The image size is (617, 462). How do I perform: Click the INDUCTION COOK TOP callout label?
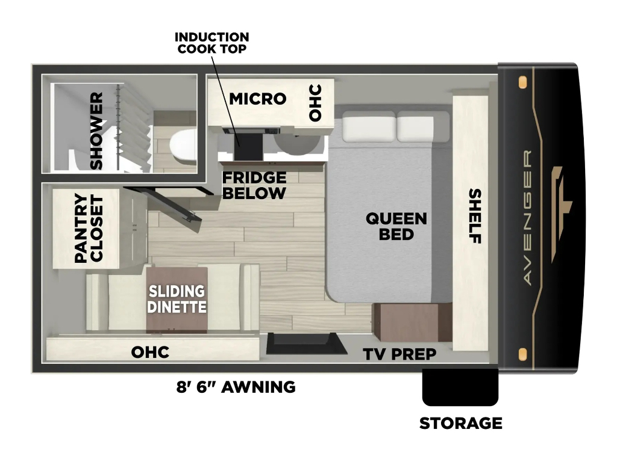point(211,43)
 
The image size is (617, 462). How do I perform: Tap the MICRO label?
point(258,99)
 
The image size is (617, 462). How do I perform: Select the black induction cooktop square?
point(248,147)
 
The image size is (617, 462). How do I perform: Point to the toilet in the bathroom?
point(183,146)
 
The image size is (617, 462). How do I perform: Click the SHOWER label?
point(96,131)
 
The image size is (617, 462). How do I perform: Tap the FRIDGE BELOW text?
point(254,185)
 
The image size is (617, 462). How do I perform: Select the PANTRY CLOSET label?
point(89,228)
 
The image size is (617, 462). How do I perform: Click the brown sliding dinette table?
point(177,300)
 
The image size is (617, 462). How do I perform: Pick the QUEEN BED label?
point(396,226)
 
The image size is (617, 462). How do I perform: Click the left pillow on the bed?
point(369,126)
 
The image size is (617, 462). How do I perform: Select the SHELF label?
point(475,216)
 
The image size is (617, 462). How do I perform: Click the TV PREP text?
point(399,354)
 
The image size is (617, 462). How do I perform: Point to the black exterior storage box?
point(460,387)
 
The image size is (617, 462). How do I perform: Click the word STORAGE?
point(461,423)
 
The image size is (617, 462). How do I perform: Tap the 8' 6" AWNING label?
point(236,387)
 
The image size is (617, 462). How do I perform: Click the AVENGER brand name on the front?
point(528,217)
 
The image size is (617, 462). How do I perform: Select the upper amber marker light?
point(522,83)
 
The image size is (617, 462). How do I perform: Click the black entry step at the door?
point(307,343)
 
